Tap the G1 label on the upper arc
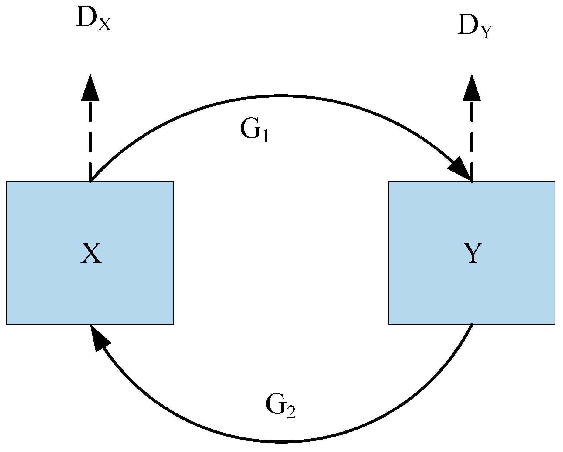[254, 130]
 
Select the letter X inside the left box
[91, 253]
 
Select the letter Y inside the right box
[473, 253]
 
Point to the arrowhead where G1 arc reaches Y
[461, 169]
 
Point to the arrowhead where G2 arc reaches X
[99, 337]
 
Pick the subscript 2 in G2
[290, 413]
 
